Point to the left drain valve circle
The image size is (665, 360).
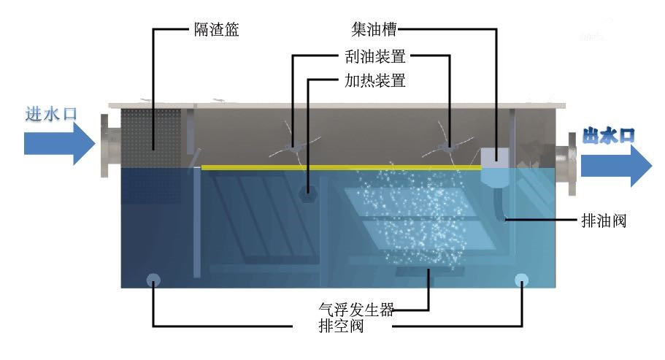coord(153,280)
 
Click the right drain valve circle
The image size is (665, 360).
coord(521,280)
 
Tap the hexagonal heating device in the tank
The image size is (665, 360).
coord(309,193)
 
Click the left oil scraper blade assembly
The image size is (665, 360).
coord(293,148)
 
